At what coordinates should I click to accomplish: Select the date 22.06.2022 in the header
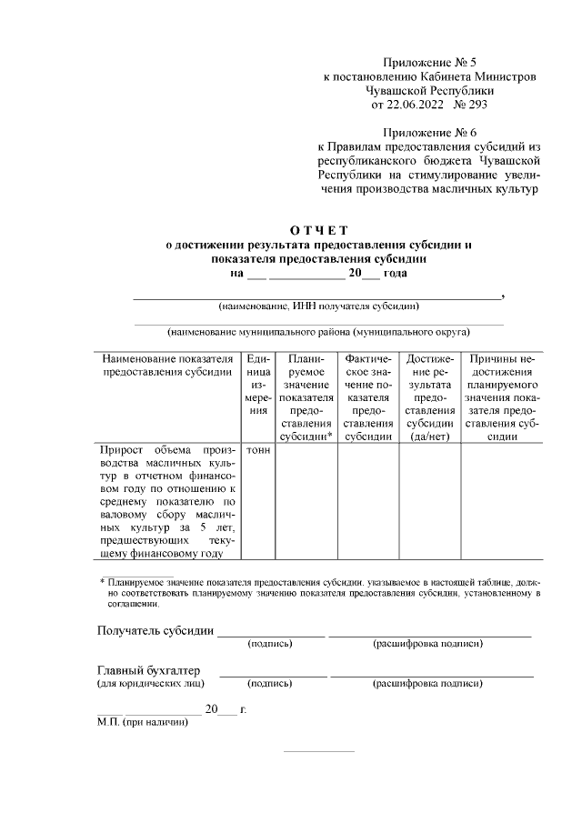pyautogui.click(x=405, y=105)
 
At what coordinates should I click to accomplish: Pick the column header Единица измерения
pyautogui.click(x=259, y=391)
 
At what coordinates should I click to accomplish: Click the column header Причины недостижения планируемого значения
pyautogui.click(x=502, y=397)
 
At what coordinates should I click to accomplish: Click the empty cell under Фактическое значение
pyautogui.click(x=368, y=500)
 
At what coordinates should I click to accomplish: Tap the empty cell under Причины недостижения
pyautogui.click(x=502, y=500)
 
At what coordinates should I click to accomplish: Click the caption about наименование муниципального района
pyautogui.click(x=318, y=333)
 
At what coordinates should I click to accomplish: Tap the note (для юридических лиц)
pyautogui.click(x=150, y=683)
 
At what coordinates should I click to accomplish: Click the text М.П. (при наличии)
pyautogui.click(x=143, y=723)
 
